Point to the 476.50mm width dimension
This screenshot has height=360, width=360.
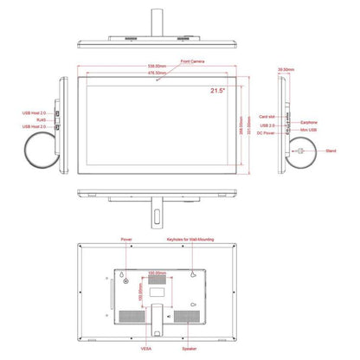pos(155,73)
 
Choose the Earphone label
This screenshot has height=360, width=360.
pos(309,123)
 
